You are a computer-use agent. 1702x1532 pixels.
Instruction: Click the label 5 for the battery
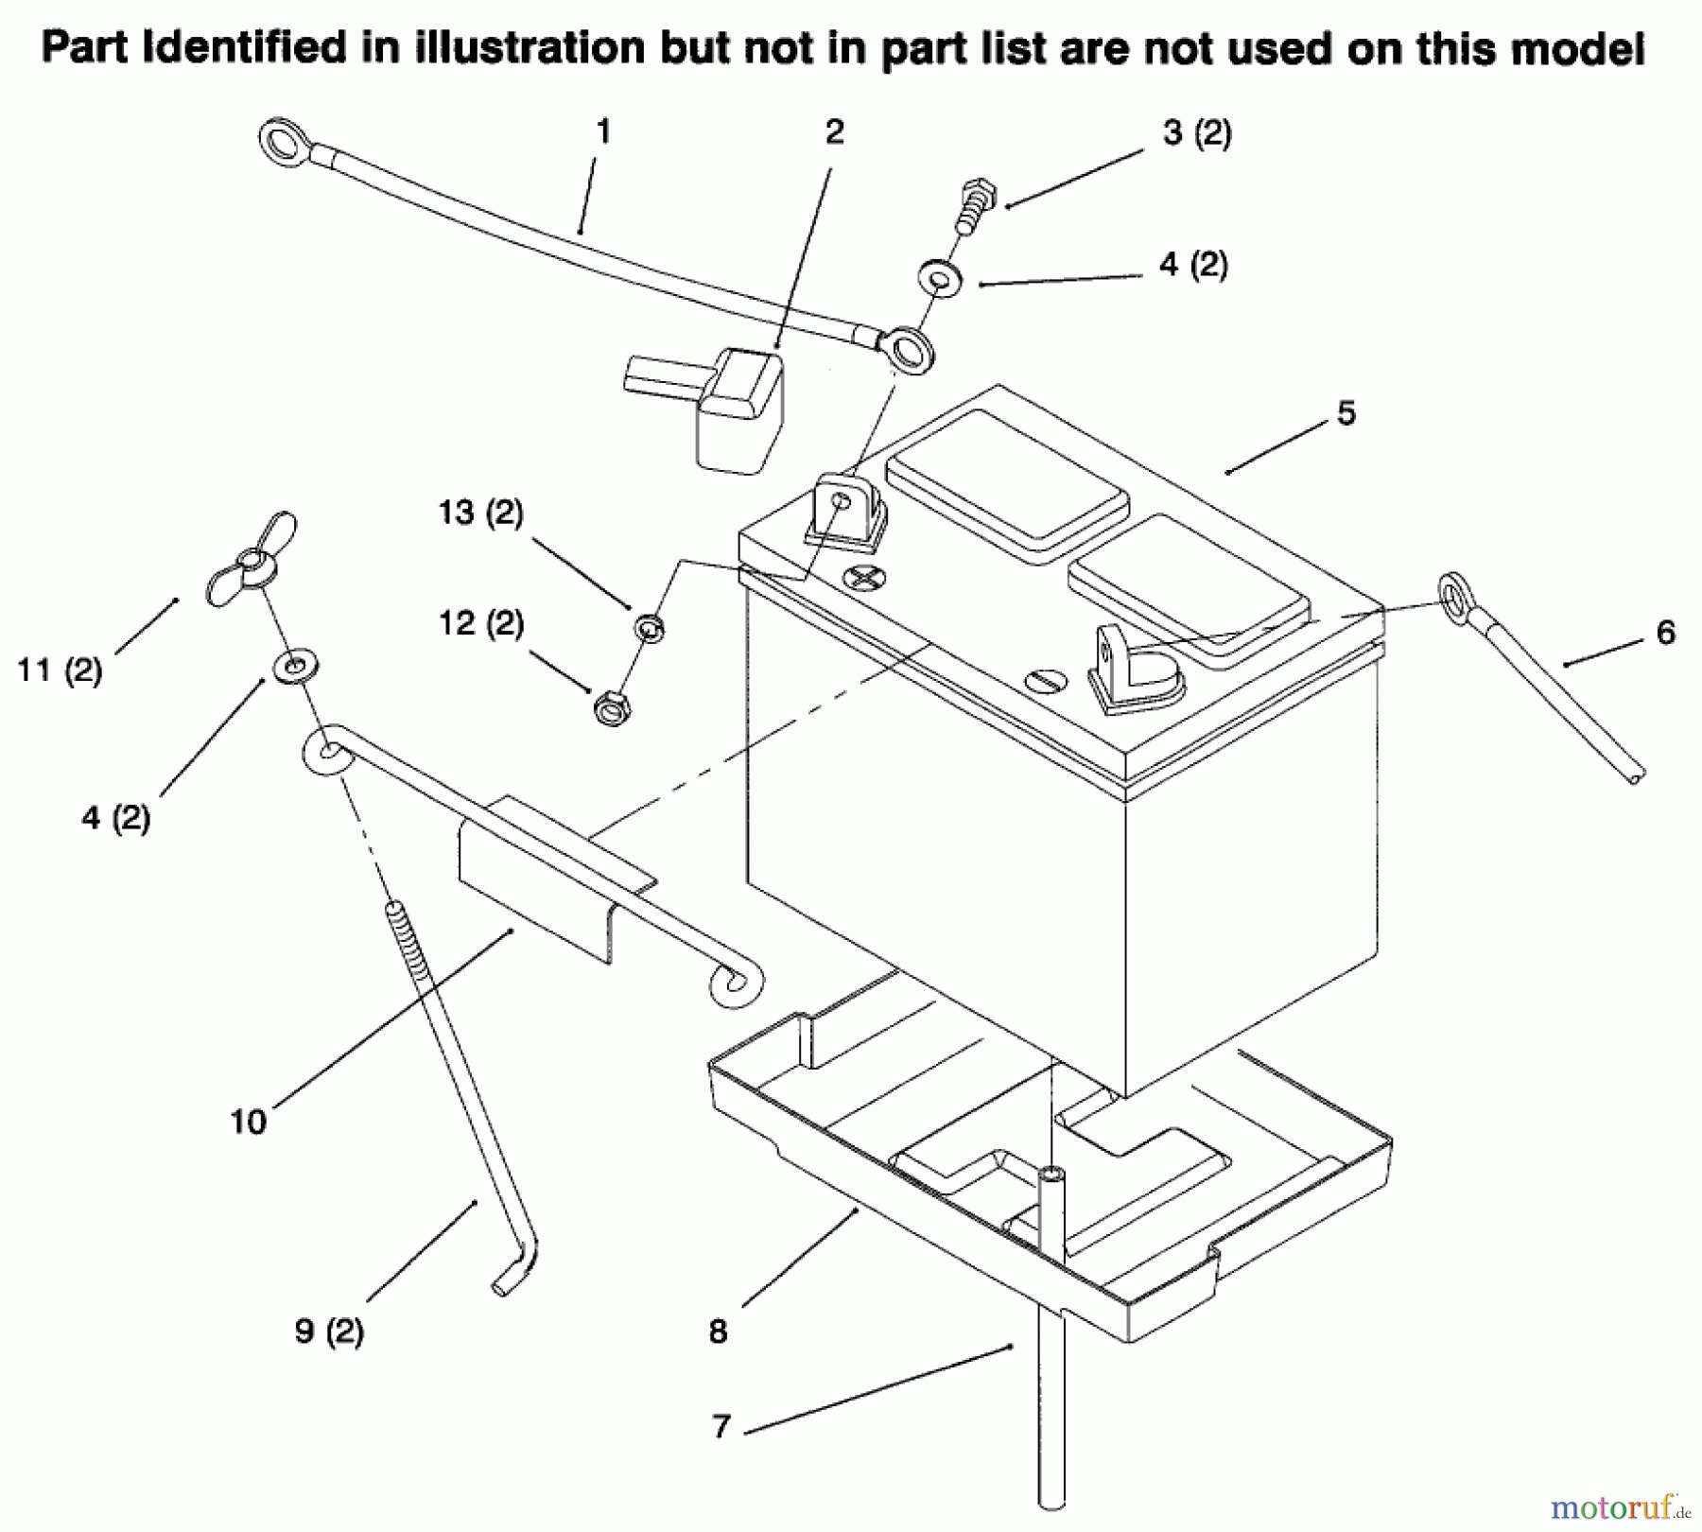[x=1346, y=413]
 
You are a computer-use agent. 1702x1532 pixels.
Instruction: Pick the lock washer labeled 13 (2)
[x=649, y=625]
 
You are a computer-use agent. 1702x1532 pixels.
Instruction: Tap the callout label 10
[x=249, y=1123]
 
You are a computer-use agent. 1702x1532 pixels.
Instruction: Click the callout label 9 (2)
[x=329, y=1332]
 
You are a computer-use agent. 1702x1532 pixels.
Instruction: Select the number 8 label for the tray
[x=718, y=1332]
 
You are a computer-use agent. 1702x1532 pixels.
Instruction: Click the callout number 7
[x=721, y=1427]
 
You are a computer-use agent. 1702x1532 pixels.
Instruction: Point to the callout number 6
[x=1666, y=633]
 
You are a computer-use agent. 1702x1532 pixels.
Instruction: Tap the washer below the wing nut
[x=296, y=666]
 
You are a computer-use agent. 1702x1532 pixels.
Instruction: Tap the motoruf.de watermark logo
[x=1623, y=1503]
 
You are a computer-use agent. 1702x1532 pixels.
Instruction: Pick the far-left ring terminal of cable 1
[x=281, y=144]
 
